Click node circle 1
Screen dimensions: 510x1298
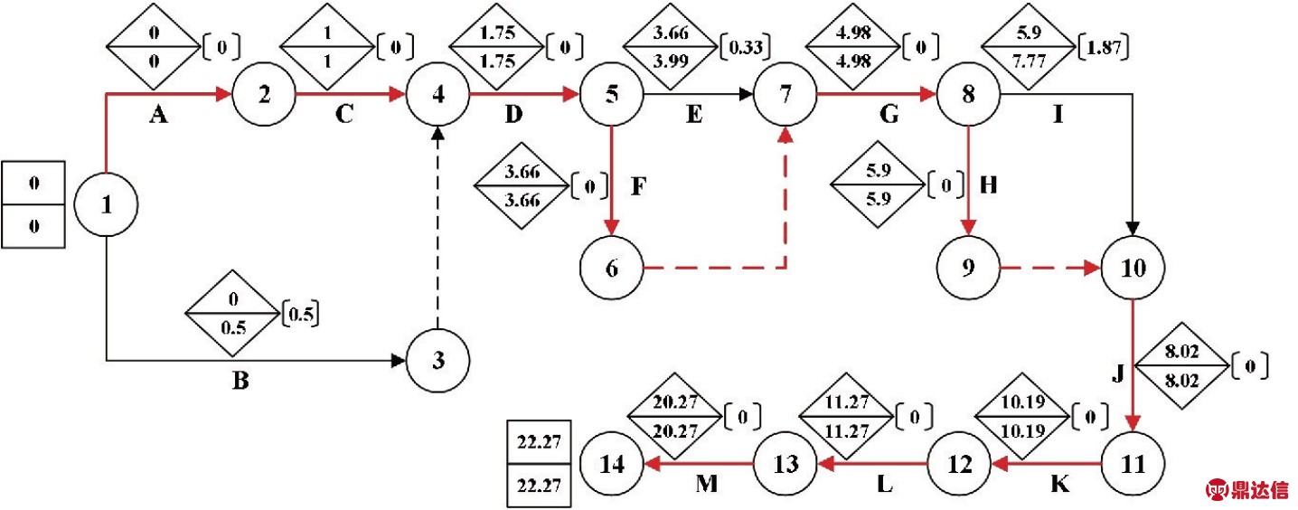tap(107, 204)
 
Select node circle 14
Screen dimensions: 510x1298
tap(613, 465)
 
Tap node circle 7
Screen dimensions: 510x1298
tap(785, 94)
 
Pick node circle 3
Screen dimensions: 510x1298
tap(438, 361)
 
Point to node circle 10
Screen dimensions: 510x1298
tap(1133, 269)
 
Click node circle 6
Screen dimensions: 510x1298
tap(613, 269)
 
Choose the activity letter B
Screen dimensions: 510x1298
tap(240, 381)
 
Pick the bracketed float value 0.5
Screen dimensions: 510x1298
tap(303, 314)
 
